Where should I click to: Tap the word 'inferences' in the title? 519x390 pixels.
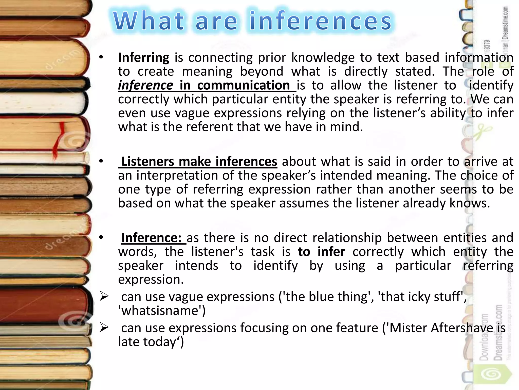pos(321,21)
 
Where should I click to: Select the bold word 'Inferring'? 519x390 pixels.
pos(144,58)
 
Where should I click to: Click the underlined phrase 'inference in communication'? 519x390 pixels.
pos(207,85)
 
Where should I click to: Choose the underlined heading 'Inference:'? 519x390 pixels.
pos(153,238)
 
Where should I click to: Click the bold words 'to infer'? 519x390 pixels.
pos(321,252)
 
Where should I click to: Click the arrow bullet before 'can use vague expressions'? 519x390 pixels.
pos(104,296)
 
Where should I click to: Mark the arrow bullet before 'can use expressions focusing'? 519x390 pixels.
pos(104,327)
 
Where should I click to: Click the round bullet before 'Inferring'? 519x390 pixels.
pos(101,58)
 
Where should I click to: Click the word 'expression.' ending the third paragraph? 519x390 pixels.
pos(151,280)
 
